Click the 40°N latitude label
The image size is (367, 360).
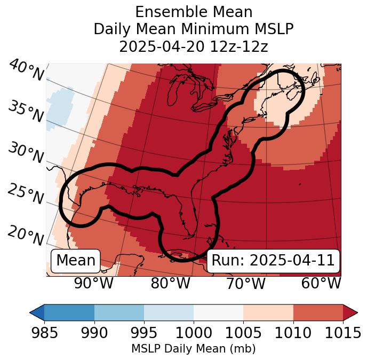click(x=26, y=71)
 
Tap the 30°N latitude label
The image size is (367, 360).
click(x=25, y=153)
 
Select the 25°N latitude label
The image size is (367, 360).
click(x=25, y=194)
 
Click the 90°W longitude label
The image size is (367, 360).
click(x=93, y=284)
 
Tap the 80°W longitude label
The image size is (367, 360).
click(x=170, y=284)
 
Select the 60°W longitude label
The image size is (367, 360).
click(x=321, y=284)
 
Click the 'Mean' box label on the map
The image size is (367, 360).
click(x=76, y=261)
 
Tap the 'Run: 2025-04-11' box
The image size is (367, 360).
click(x=273, y=261)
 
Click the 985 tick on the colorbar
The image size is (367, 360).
click(x=44, y=333)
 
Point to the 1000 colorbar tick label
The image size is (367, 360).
click(x=194, y=333)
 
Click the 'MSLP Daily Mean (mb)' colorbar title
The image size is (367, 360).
click(x=193, y=349)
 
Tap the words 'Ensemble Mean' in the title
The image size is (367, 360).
click(x=194, y=12)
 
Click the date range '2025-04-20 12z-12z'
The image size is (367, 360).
click(x=194, y=46)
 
